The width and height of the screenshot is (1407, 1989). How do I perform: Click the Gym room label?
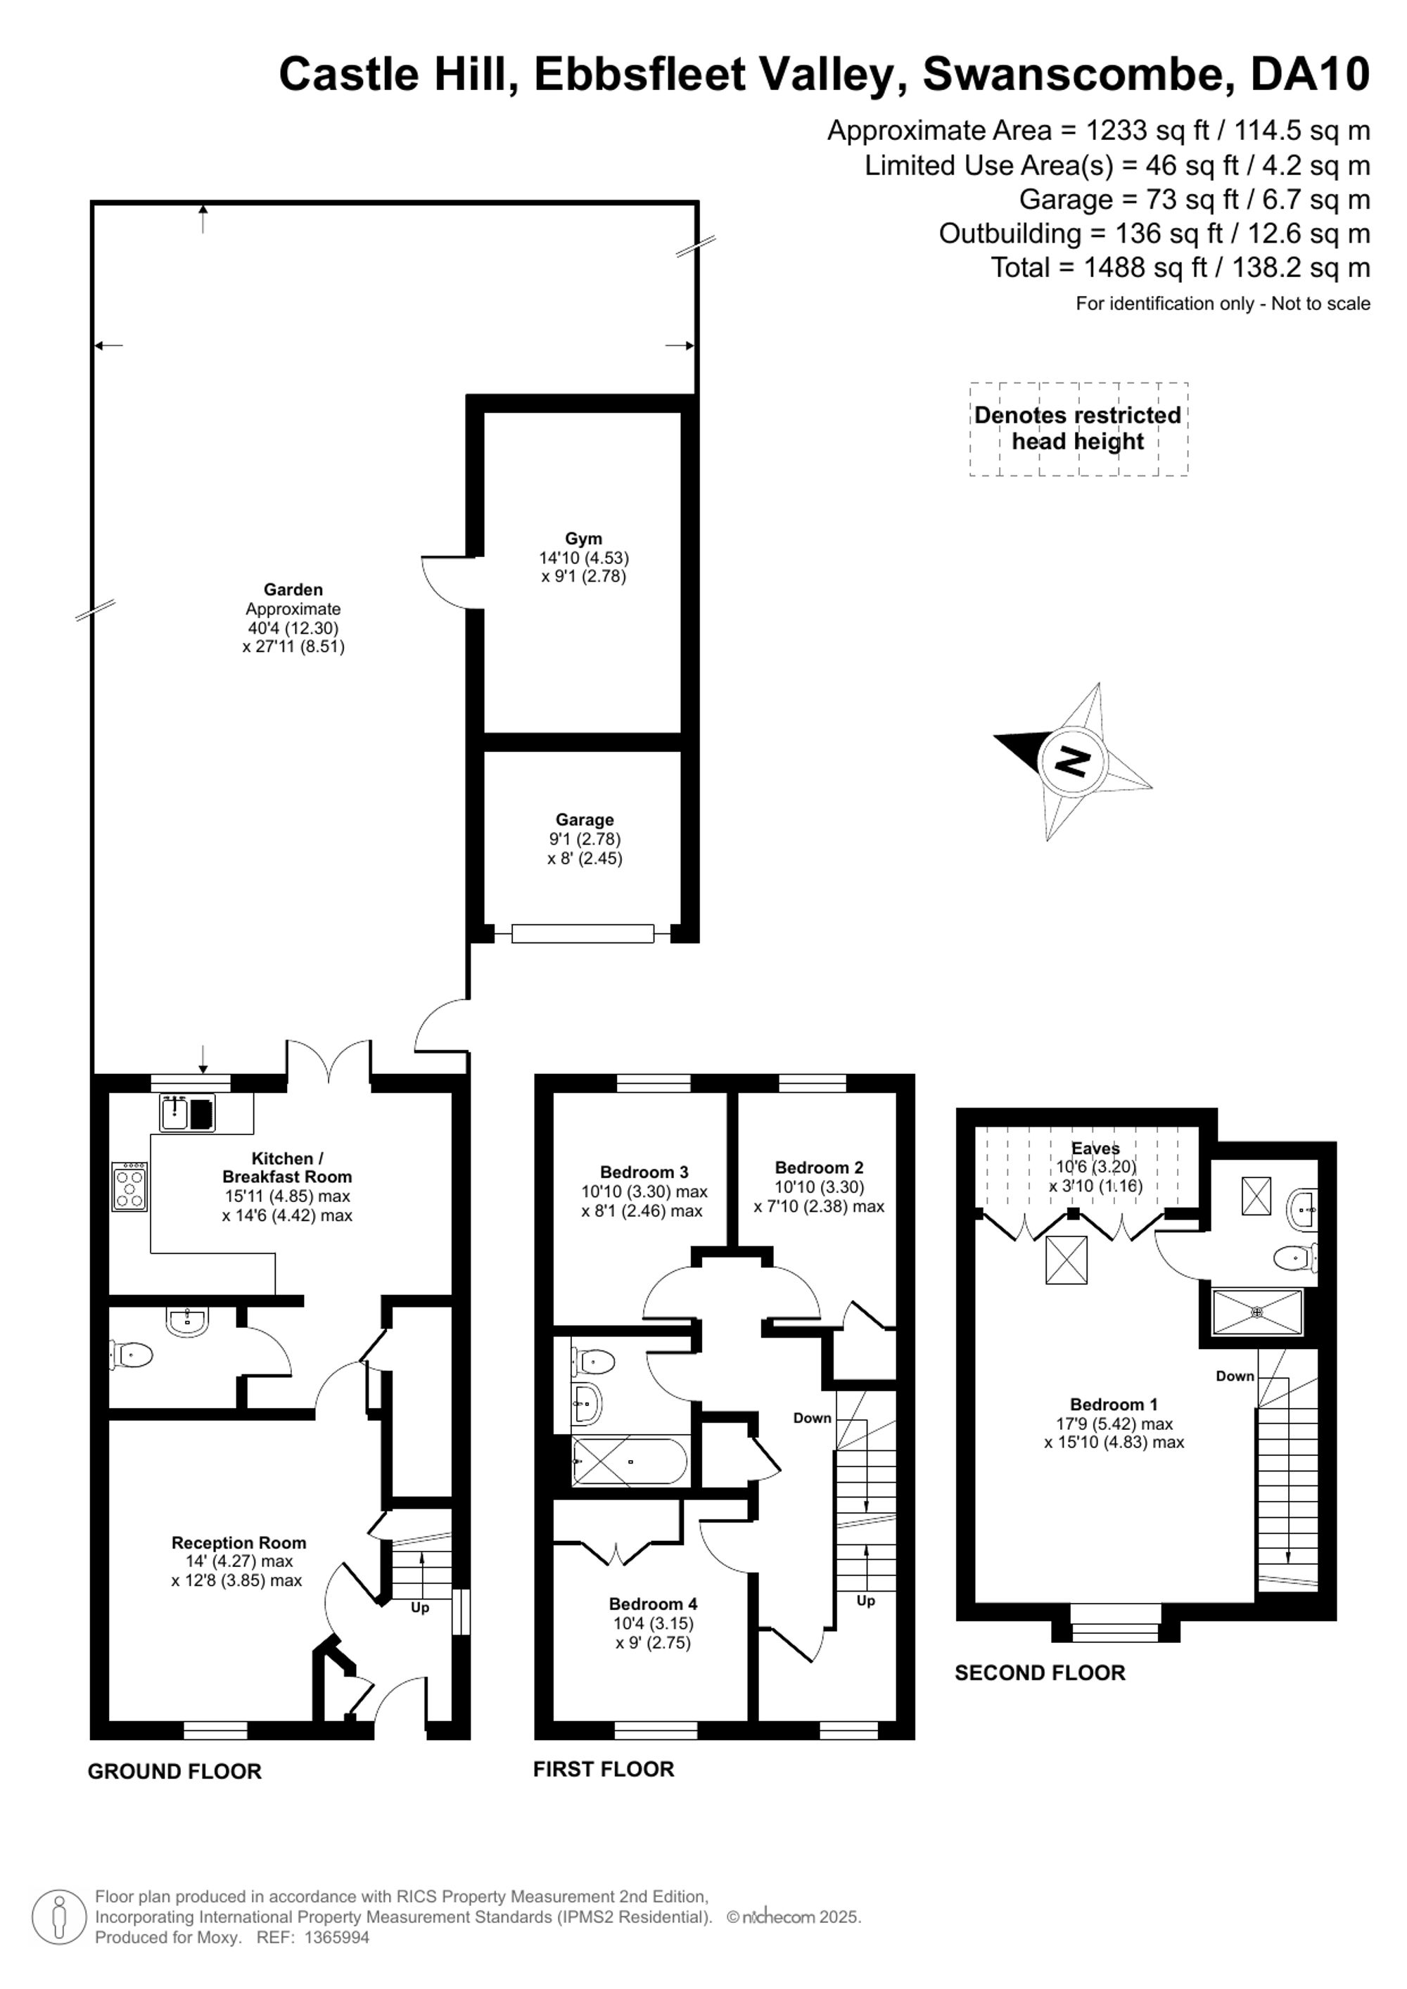pos(583,539)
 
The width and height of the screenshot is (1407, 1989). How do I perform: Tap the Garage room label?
pos(585,819)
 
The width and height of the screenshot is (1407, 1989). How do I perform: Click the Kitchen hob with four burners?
pos(129,1186)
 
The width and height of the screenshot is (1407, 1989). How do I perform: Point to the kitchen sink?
pos(187,1113)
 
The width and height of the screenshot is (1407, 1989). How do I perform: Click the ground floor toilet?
pos(131,1353)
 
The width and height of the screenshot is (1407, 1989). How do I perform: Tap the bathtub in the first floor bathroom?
pos(630,1462)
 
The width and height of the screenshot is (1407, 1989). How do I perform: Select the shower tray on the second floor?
pos(1257,1312)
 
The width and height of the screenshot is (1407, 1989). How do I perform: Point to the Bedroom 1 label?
pos(1114,1405)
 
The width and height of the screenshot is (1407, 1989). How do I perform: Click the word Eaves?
pos(1095,1148)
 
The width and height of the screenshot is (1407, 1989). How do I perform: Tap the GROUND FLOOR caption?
pos(174,1772)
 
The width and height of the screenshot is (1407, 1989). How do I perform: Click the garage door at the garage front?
pos(582,933)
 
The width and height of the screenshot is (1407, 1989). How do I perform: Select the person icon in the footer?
pos(59,1917)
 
